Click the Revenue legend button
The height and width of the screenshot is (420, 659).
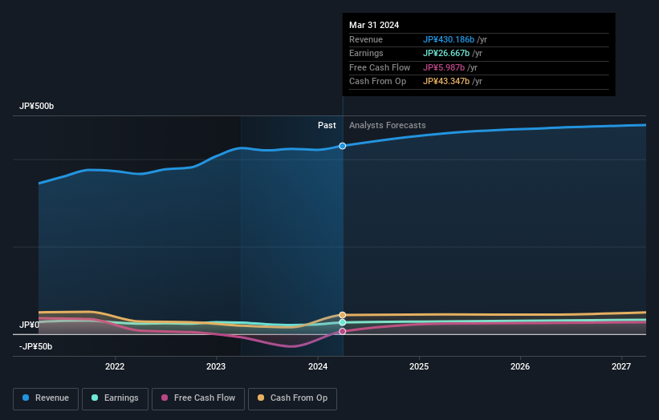46,398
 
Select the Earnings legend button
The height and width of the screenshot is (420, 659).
115,398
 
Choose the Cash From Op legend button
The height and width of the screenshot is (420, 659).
293,398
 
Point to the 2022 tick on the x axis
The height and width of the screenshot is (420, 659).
115,367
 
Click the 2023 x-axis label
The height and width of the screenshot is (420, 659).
216,367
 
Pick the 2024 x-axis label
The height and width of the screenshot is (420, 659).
318,367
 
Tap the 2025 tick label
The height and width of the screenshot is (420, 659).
419,367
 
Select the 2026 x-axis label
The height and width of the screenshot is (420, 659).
520,367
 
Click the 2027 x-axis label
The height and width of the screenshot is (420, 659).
621,367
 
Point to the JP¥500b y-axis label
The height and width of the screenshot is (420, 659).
37,107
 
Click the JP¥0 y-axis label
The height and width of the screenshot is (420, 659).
30,325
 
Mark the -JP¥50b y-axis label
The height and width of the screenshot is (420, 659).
35,346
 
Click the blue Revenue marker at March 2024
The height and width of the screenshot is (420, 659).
343,146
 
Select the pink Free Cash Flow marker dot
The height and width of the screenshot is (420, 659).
343,331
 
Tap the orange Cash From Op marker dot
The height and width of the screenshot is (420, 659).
343,315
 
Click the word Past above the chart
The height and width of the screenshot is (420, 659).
327,125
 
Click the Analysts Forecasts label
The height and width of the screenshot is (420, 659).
387,125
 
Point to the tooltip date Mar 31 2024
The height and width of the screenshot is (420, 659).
374,25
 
